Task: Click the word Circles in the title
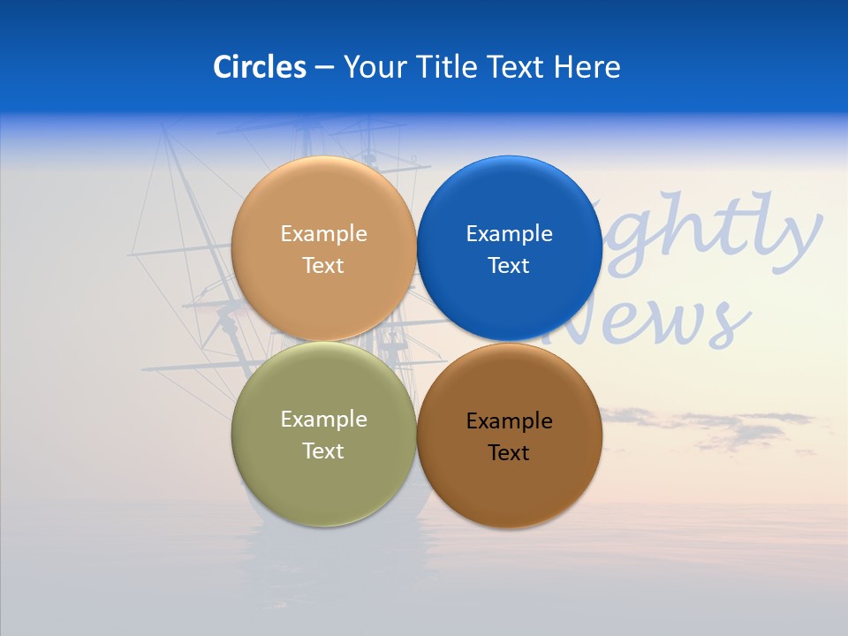tap(260, 67)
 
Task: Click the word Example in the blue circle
tap(510, 234)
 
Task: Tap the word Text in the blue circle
tap(509, 266)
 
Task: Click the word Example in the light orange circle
tap(323, 234)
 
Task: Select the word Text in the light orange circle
tap(323, 266)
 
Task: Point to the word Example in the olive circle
tap(323, 420)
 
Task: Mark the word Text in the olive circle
tap(323, 451)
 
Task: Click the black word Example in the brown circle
tap(510, 421)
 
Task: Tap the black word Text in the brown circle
tap(509, 453)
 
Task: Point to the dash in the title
tap(324, 68)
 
